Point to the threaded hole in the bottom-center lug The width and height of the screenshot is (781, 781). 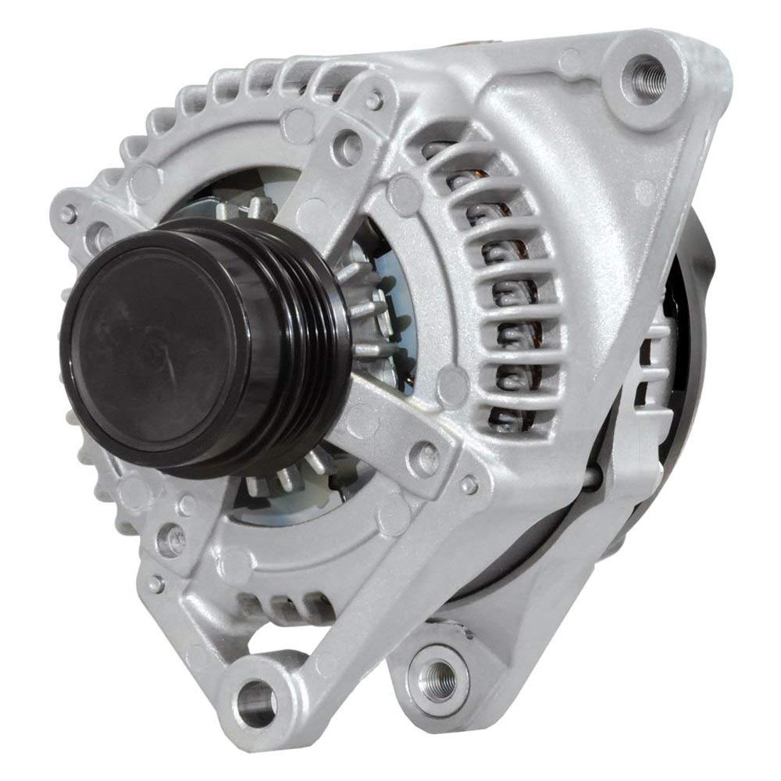click(x=434, y=669)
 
